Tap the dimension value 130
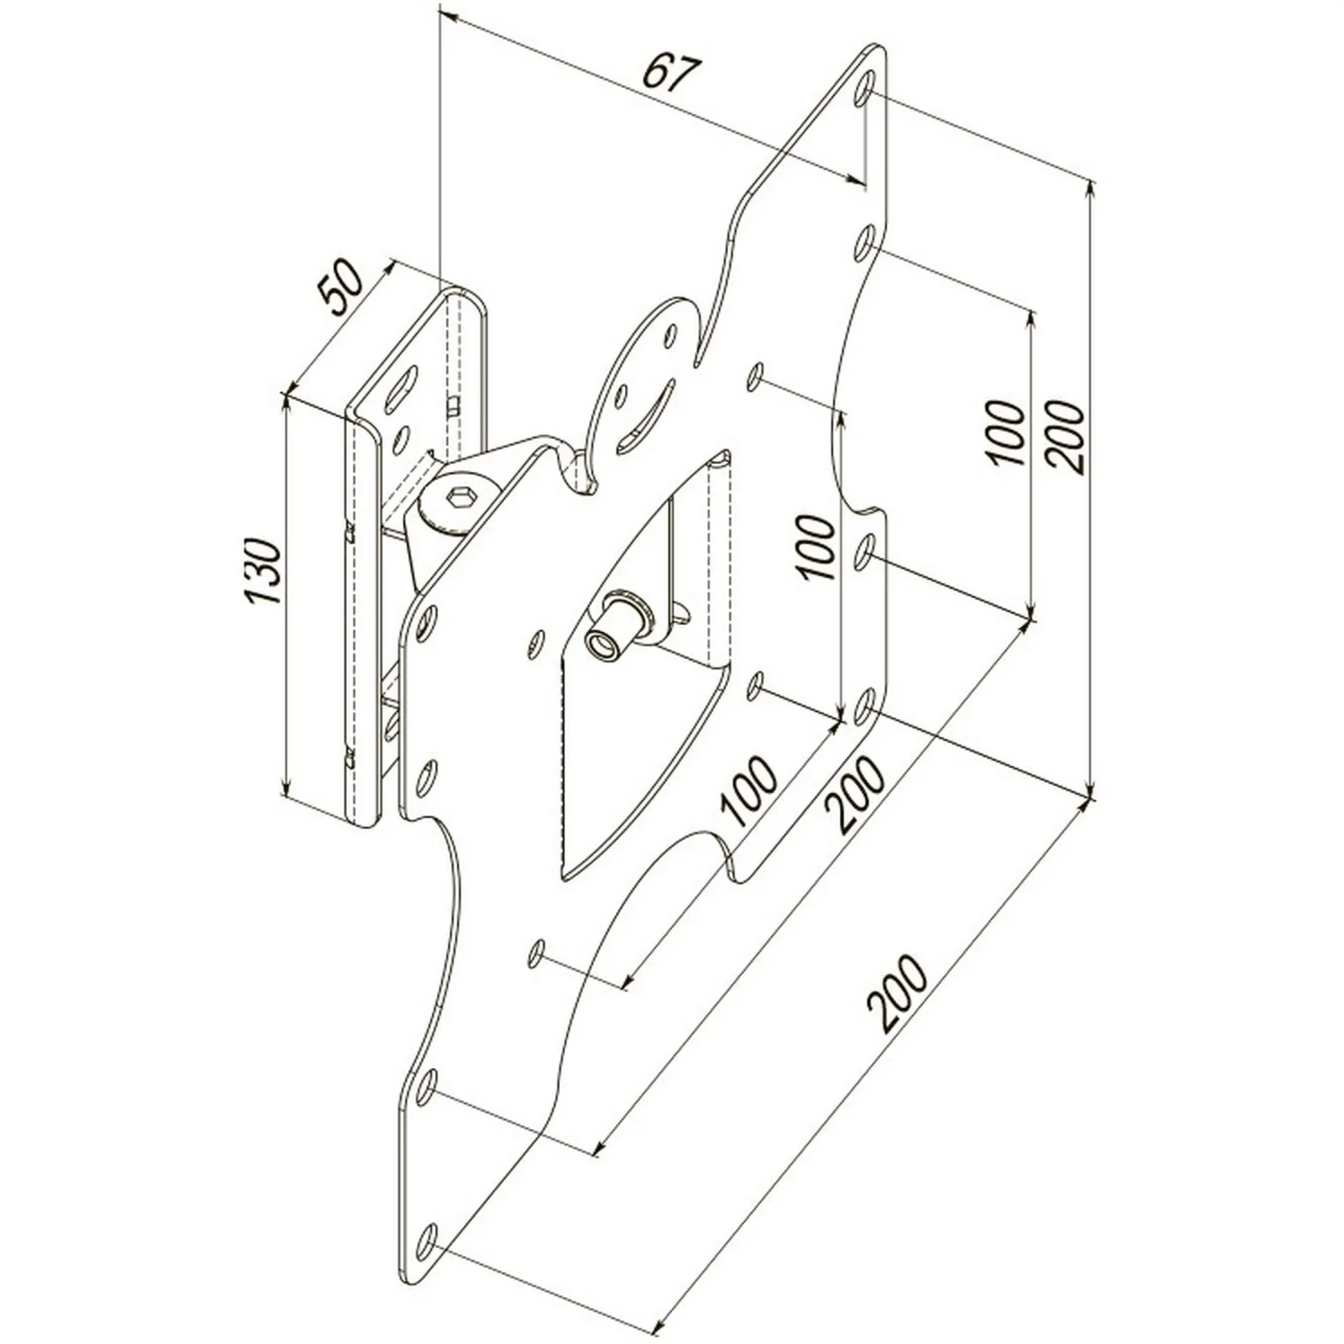tap(261, 571)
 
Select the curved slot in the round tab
tap(645, 420)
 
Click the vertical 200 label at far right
tap(1067, 437)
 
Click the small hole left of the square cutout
tap(535, 641)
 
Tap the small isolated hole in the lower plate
tap(539, 953)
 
